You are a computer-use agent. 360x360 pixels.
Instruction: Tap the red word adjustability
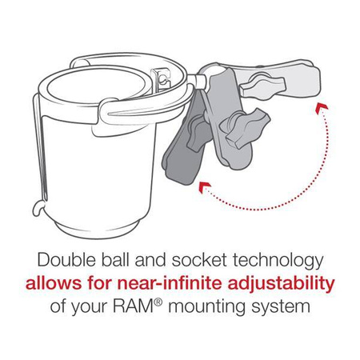tap(278, 285)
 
